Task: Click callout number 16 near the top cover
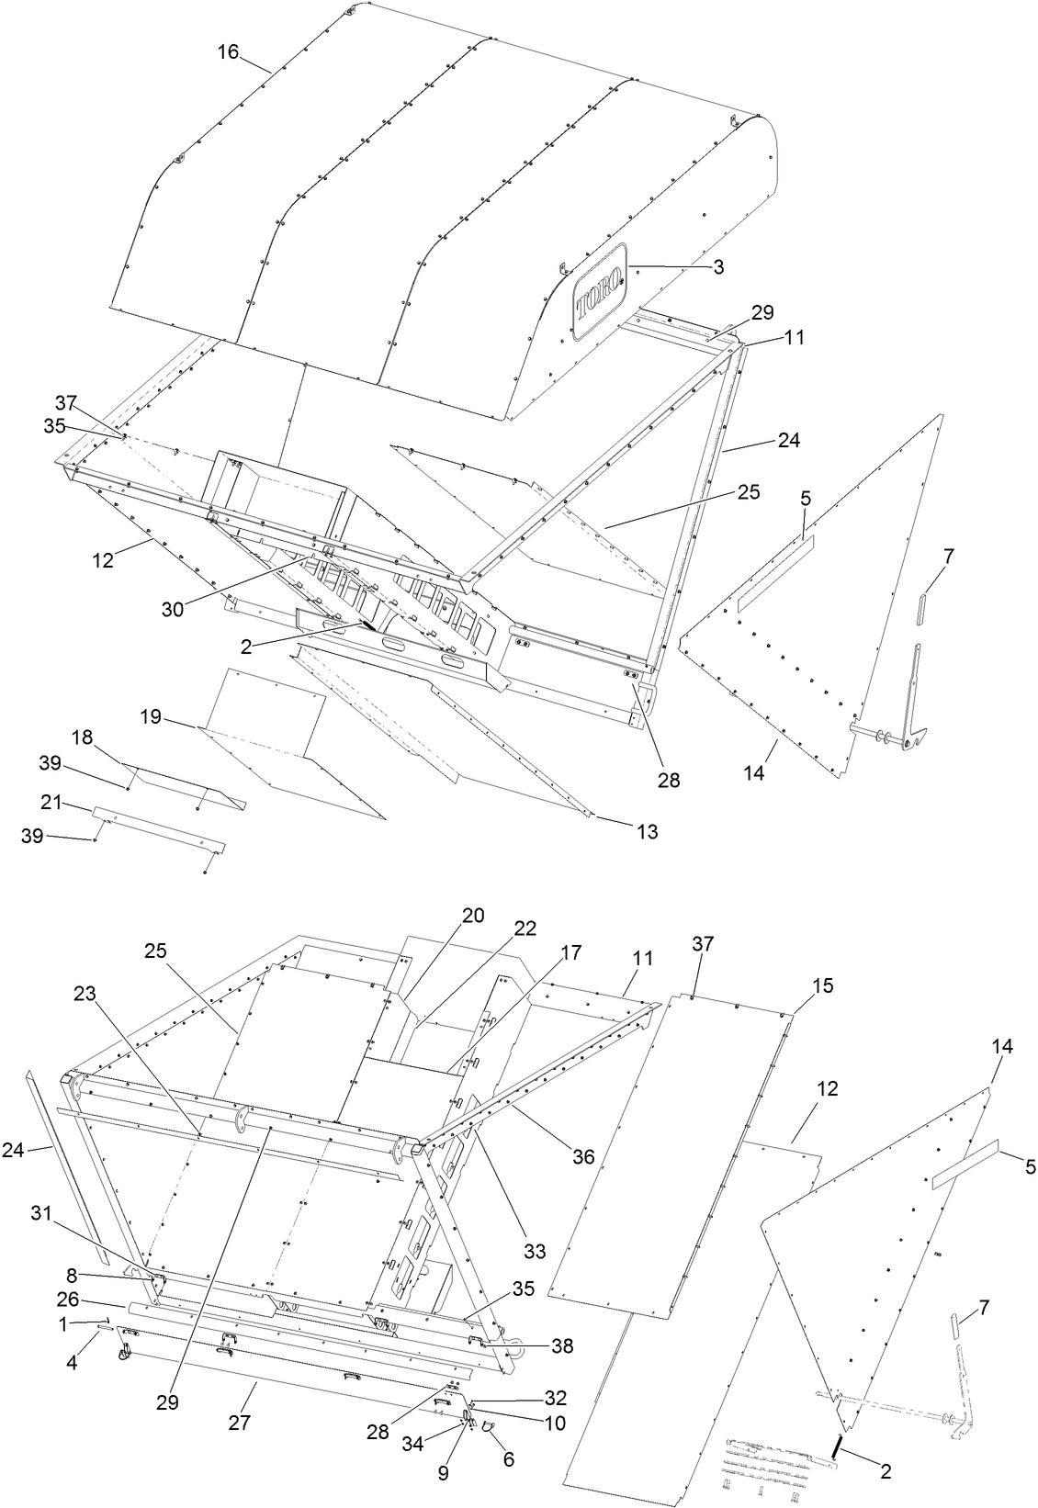[x=228, y=52]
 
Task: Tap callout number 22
[x=526, y=928]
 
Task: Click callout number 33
[x=535, y=1250]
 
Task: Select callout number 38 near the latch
[x=562, y=1346]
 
